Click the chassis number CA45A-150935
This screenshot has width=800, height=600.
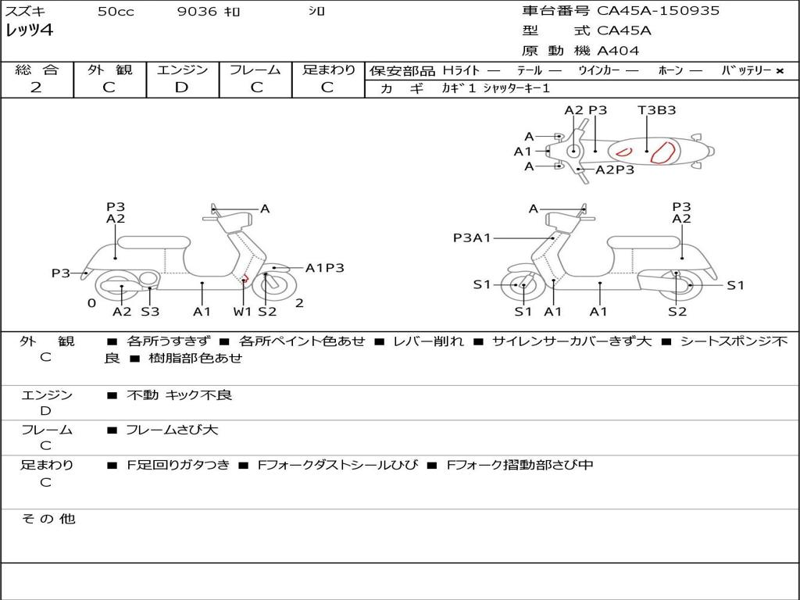[658, 11]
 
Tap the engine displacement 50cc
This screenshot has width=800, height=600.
[115, 12]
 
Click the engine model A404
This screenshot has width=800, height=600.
[618, 51]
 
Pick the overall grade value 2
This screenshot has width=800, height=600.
[36, 87]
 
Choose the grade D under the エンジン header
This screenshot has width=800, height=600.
[181, 87]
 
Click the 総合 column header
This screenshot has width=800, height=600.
[37, 70]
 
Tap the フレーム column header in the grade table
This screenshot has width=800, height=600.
[255, 70]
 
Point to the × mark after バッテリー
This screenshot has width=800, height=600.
[779, 71]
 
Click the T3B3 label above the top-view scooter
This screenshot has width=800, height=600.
[656, 110]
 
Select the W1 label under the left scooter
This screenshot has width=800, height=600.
[243, 312]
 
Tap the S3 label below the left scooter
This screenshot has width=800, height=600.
[150, 312]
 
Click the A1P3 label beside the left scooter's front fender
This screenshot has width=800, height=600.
[324, 268]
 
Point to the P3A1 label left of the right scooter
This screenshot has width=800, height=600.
[472, 237]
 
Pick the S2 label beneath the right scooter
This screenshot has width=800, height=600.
[677, 312]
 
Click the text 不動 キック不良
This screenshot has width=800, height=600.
[179, 395]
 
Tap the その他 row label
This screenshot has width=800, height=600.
[48, 519]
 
